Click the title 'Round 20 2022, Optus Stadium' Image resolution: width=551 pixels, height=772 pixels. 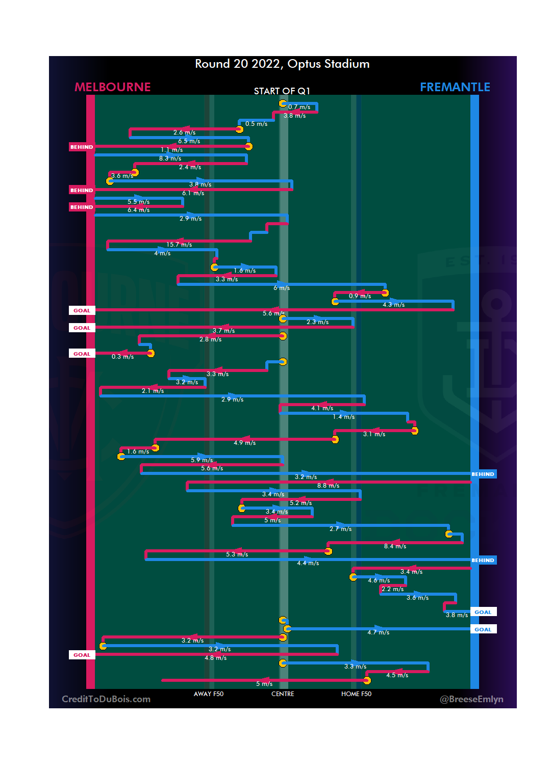click(x=282, y=64)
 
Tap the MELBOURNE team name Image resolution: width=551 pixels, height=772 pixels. click(x=113, y=87)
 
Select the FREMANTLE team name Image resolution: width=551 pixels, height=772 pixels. click(x=455, y=87)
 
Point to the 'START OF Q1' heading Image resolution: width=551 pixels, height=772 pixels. click(x=282, y=91)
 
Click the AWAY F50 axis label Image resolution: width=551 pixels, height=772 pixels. click(x=209, y=694)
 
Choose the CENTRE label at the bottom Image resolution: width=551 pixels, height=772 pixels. click(x=283, y=694)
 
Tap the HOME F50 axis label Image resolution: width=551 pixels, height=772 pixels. click(x=356, y=694)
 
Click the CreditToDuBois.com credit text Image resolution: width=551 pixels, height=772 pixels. click(x=106, y=699)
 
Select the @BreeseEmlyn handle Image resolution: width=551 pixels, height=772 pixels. click(x=471, y=699)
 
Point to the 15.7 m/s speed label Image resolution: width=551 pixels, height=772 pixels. click(x=179, y=245)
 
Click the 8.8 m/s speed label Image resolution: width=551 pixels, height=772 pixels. click(x=328, y=486)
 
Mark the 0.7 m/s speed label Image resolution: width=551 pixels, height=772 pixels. click(x=299, y=108)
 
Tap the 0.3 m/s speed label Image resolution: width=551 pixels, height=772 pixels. click(x=122, y=357)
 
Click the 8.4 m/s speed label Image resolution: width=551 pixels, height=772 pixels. click(x=395, y=547)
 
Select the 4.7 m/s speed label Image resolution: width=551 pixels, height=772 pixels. click(x=378, y=633)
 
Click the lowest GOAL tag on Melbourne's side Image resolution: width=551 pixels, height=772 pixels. click(x=82, y=655)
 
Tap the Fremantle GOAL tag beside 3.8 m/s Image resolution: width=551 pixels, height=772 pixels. click(x=483, y=613)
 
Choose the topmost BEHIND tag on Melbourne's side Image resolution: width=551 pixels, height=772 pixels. click(x=82, y=147)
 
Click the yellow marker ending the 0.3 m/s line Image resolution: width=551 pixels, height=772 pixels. click(x=151, y=353)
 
